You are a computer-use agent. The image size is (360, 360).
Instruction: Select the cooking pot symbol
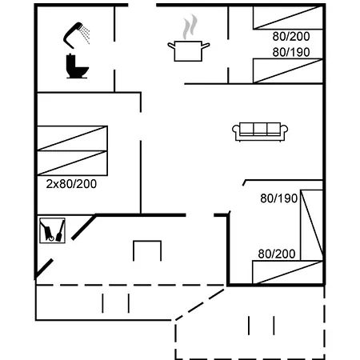point(189,50)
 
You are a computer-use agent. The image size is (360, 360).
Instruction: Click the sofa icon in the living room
point(259,130)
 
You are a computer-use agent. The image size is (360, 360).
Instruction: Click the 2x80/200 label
point(71,183)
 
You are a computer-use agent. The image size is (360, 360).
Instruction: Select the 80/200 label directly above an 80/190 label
point(290,36)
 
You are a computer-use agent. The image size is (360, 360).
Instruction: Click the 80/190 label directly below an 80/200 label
point(290,51)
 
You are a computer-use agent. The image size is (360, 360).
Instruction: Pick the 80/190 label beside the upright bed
point(277,198)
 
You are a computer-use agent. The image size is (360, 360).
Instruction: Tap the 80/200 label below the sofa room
point(276,253)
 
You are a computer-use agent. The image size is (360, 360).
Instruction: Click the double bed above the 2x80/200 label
point(72,150)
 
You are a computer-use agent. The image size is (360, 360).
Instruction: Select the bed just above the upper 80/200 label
point(288,16)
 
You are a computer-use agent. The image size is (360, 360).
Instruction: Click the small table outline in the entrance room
point(147,250)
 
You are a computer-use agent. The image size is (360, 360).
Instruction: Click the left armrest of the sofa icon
point(237,132)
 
